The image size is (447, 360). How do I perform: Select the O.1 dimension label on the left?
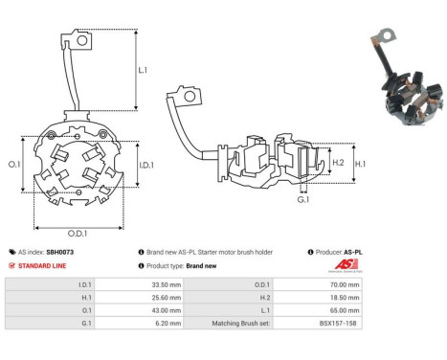point(14,165)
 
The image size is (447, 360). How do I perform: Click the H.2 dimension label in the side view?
point(338,164)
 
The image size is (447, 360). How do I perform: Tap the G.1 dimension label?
point(303,199)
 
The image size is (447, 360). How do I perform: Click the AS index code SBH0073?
point(59,252)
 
